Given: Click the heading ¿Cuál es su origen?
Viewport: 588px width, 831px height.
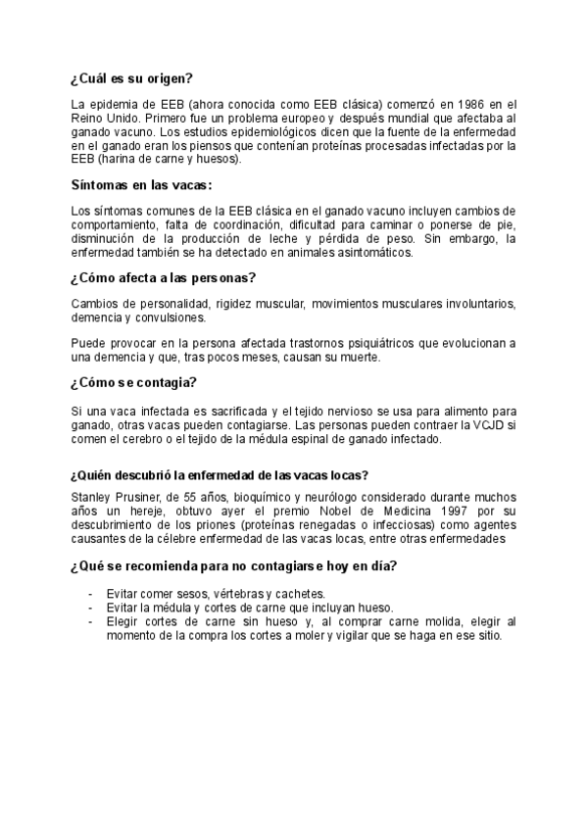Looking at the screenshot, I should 131,78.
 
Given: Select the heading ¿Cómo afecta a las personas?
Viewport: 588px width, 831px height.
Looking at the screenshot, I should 164,277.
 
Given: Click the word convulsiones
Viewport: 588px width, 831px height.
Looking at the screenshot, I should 177,318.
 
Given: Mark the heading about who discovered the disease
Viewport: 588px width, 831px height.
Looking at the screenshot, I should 220,475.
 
